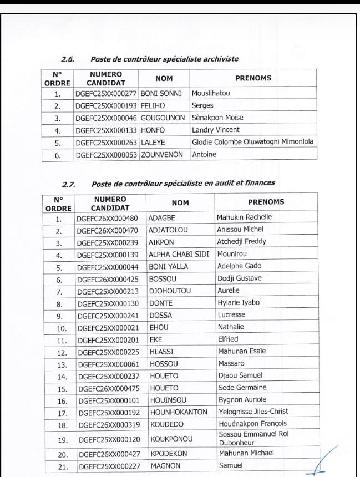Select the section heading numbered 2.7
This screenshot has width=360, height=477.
[169, 182]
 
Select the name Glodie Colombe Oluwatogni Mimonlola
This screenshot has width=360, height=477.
[252, 142]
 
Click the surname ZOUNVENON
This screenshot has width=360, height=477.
[162, 155]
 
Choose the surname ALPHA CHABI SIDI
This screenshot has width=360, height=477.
[178, 254]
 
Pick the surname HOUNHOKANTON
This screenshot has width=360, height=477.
[178, 412]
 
